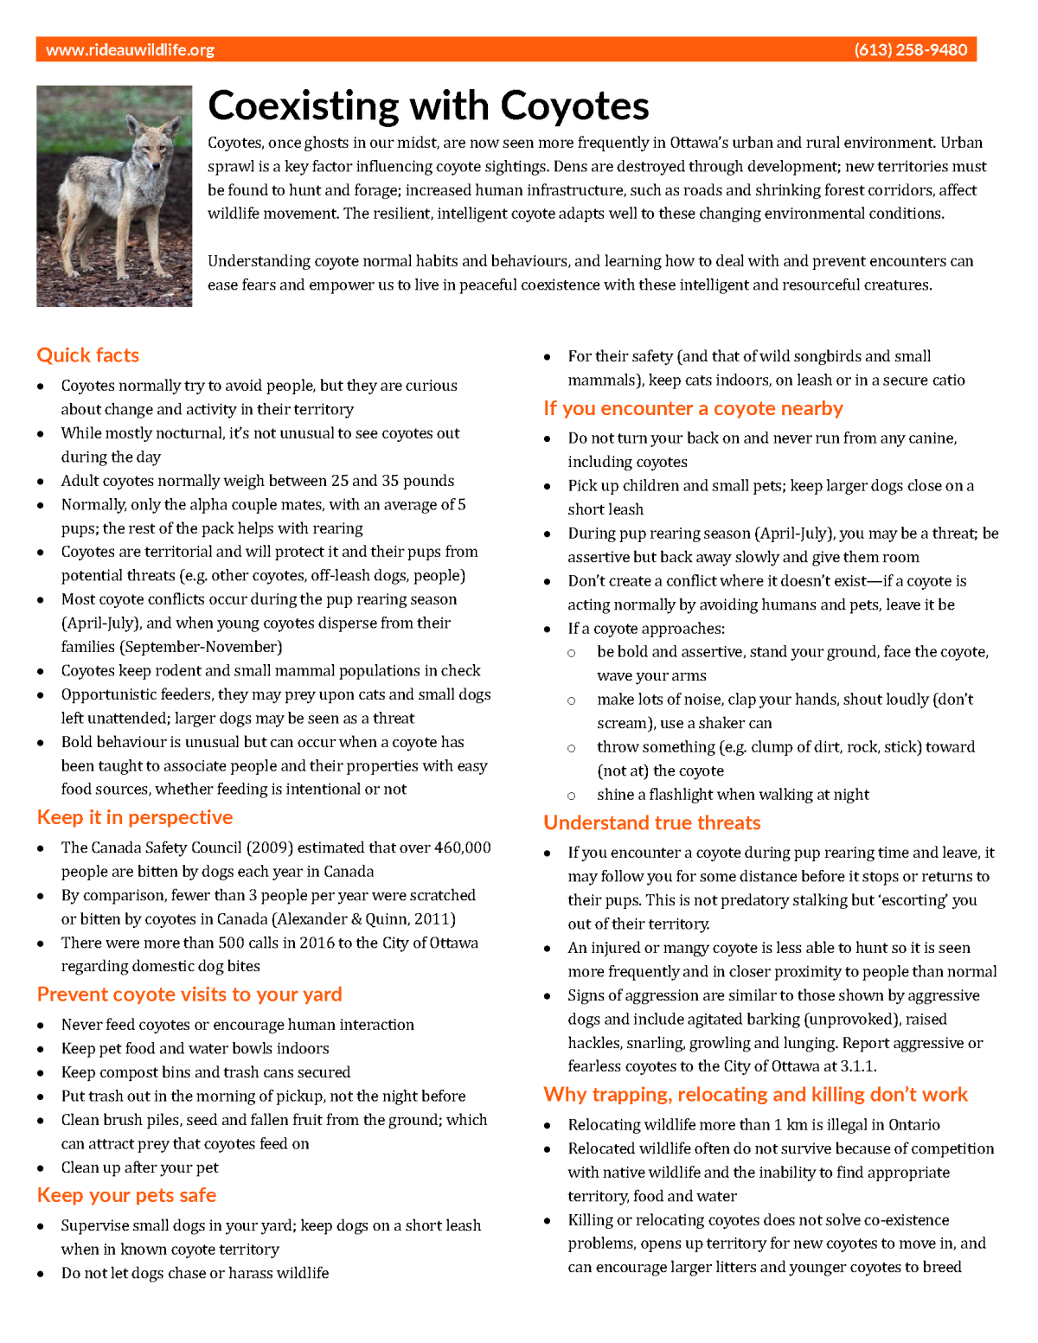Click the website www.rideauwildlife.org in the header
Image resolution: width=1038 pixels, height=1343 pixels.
(x=130, y=50)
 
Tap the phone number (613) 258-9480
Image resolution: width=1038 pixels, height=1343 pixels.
(x=910, y=50)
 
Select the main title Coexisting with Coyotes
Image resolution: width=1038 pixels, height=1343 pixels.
(x=428, y=106)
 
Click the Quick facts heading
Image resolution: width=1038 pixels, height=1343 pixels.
(x=87, y=355)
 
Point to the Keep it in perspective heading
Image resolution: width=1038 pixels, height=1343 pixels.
(x=135, y=817)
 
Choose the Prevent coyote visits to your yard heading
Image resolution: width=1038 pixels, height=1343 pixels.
(x=189, y=994)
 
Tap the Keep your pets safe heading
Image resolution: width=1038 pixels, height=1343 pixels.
(x=126, y=1195)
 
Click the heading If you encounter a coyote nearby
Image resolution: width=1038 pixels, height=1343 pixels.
(x=693, y=408)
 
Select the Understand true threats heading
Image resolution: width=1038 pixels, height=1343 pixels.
(x=652, y=822)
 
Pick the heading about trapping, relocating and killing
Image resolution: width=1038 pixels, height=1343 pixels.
(x=755, y=1095)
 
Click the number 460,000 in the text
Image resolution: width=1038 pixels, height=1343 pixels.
(x=463, y=847)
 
